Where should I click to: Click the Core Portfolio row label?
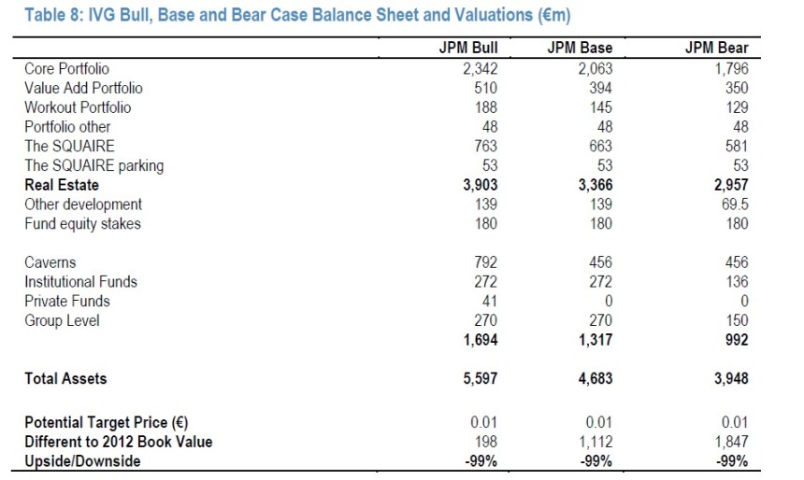[66, 68]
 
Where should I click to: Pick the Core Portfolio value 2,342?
[481, 68]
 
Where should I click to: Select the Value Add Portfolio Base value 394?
[598, 88]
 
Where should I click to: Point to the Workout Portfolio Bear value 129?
[736, 107]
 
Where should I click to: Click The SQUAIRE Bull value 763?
[485, 146]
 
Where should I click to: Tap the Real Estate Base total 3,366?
[592, 185]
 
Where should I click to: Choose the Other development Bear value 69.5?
[733, 205]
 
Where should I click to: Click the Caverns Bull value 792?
[485, 262]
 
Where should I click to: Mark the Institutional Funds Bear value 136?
[736, 282]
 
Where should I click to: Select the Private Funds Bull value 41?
[489, 302]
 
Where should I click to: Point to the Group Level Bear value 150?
[736, 321]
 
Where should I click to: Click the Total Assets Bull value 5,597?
[480, 379]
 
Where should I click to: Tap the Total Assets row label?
[65, 379]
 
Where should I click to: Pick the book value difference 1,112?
[595, 442]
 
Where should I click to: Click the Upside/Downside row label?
[82, 461]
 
